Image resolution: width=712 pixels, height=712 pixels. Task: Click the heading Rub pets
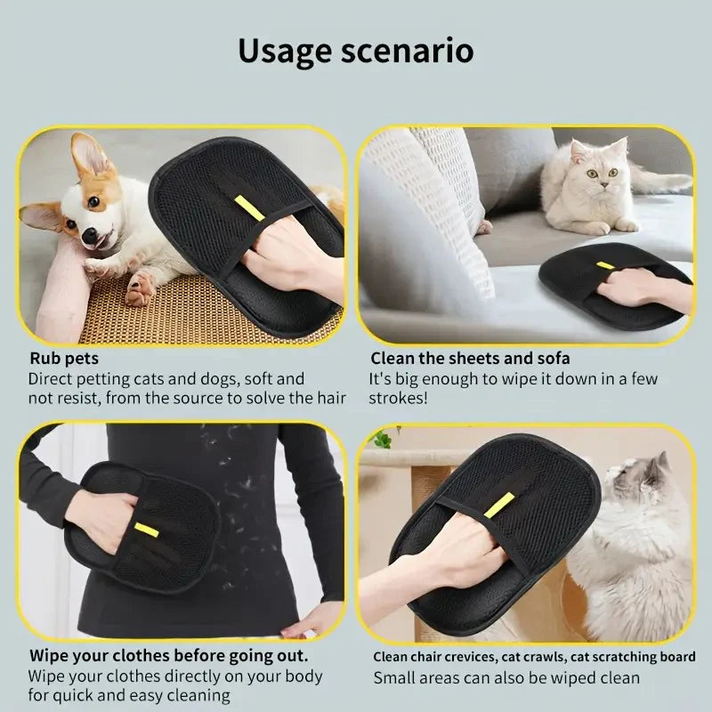pos(64,359)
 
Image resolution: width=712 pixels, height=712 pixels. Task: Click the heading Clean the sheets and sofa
pos(470,359)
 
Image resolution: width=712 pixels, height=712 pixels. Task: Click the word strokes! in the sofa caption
pos(398,398)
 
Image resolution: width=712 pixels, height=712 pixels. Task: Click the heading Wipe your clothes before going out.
pos(168,657)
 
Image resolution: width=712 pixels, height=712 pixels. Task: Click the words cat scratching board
pos(631,658)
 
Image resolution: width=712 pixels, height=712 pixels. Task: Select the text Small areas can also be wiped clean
pos(506,678)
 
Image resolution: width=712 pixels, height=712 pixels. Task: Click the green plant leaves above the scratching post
pos(381,438)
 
